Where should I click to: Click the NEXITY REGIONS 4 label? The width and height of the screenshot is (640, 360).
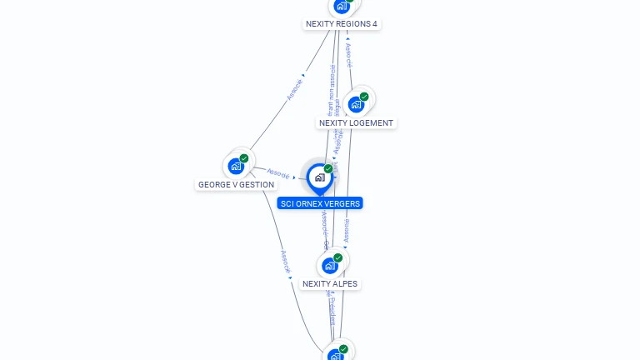coord(342,24)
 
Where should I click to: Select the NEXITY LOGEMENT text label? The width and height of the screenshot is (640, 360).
coord(357,123)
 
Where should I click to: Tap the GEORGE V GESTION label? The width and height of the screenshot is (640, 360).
coord(236,185)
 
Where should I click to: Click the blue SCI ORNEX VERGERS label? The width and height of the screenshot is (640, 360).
coord(321,203)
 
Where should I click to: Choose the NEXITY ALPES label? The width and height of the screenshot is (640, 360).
coord(330,284)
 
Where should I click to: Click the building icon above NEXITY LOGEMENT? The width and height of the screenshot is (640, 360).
coord(356,105)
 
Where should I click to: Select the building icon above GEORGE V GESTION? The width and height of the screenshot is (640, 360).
coord(236,167)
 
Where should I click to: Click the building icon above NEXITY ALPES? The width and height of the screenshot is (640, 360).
coord(330,266)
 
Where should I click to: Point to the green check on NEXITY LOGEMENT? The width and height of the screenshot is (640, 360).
coord(364,97)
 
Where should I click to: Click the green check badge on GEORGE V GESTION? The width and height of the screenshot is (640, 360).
coord(244,158)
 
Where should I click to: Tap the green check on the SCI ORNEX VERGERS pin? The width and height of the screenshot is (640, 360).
coord(328,169)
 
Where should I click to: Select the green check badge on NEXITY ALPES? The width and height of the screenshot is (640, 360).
coord(338,257)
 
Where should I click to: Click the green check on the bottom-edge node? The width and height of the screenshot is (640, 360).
coord(343,349)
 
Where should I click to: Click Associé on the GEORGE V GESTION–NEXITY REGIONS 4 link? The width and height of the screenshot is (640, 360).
coord(296,88)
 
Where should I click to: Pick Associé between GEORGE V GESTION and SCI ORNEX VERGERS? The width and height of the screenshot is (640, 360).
coord(278,175)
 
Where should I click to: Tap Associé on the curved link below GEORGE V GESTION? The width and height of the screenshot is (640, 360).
coord(284,262)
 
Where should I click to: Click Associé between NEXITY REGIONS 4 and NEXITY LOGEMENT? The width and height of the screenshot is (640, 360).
coord(349,55)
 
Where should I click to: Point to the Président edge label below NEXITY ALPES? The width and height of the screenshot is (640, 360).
coord(331,309)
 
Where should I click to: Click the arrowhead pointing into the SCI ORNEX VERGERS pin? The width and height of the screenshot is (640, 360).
coord(295,177)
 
